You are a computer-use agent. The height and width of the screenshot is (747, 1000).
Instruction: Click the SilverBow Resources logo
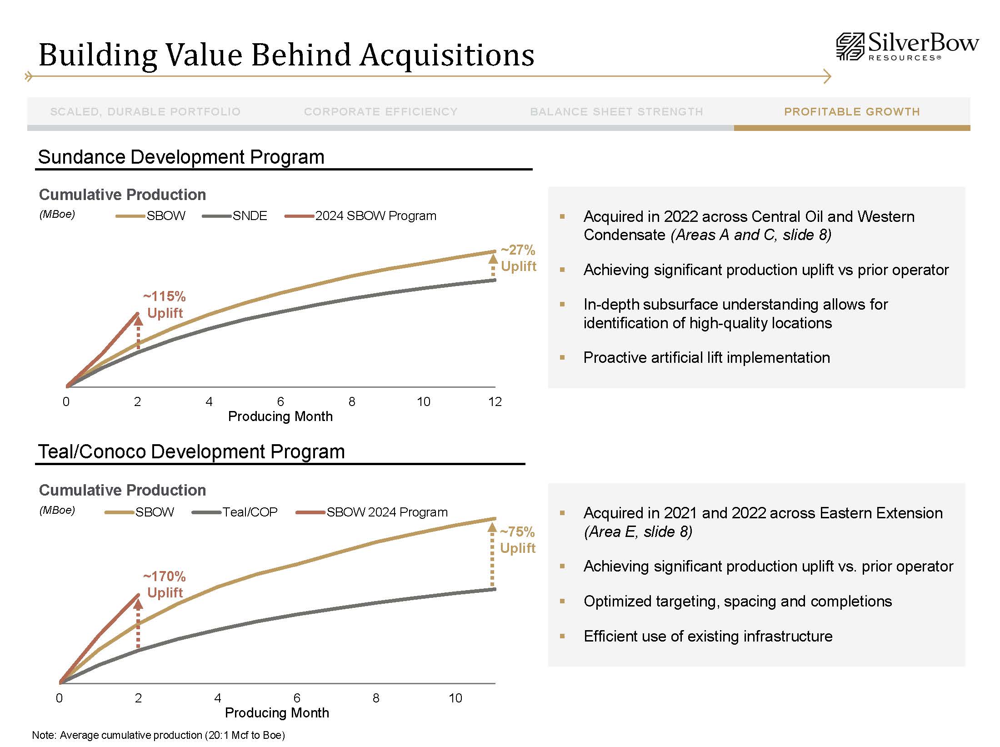point(907,46)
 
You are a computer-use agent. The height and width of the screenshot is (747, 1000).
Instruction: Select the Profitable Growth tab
point(852,112)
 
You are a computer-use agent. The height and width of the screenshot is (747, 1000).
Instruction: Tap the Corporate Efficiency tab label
point(380,112)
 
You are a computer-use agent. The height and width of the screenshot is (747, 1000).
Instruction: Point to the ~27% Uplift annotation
point(518,258)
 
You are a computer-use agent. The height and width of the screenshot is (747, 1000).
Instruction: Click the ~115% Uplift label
point(165,305)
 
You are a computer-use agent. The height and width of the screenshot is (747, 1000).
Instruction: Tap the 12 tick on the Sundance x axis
point(495,401)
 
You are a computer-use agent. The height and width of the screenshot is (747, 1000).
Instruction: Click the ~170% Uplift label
point(165,585)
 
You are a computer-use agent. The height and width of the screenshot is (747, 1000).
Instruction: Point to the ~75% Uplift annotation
point(517,540)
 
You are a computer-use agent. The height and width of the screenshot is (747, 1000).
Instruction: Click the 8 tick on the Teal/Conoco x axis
point(376,698)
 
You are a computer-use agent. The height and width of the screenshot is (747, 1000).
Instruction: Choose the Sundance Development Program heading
point(181,157)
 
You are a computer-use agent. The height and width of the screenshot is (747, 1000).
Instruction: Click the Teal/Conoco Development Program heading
point(191,452)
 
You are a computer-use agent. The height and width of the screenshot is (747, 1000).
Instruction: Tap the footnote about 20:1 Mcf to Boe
point(158,735)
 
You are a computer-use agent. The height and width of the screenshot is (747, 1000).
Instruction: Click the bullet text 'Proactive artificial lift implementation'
point(706,358)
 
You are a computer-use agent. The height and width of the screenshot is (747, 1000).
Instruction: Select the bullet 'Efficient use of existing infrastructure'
point(708,637)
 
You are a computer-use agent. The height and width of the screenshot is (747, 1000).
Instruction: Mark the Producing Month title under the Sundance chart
point(280,416)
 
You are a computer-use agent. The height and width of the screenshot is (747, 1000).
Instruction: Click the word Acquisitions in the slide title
point(447,55)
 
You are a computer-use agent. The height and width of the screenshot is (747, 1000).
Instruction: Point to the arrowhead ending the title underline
point(827,76)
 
